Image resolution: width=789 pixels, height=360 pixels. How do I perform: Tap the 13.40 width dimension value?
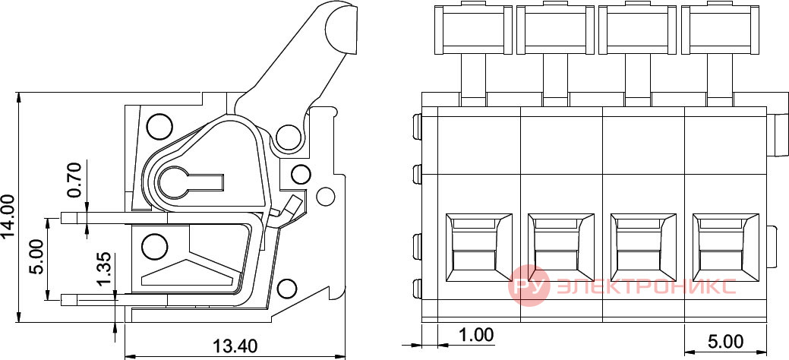pyautogui.click(x=235, y=346)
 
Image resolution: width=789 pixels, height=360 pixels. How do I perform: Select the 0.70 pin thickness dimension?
pyautogui.click(x=74, y=180)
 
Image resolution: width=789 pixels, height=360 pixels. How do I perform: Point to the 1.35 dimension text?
pyautogui.click(x=107, y=271)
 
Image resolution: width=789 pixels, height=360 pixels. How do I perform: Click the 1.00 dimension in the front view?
pyautogui.click(x=476, y=334)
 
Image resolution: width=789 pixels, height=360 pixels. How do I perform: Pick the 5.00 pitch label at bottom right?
pyautogui.click(x=726, y=343)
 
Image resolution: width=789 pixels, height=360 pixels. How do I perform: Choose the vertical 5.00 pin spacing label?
pyautogui.click(x=36, y=256)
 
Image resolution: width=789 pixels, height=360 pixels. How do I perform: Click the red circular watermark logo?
pyautogui.click(x=527, y=286)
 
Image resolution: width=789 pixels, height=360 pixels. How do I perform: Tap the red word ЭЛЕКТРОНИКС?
pyautogui.click(x=644, y=286)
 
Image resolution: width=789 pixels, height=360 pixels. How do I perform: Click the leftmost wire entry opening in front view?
pyautogui.click(x=478, y=247)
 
